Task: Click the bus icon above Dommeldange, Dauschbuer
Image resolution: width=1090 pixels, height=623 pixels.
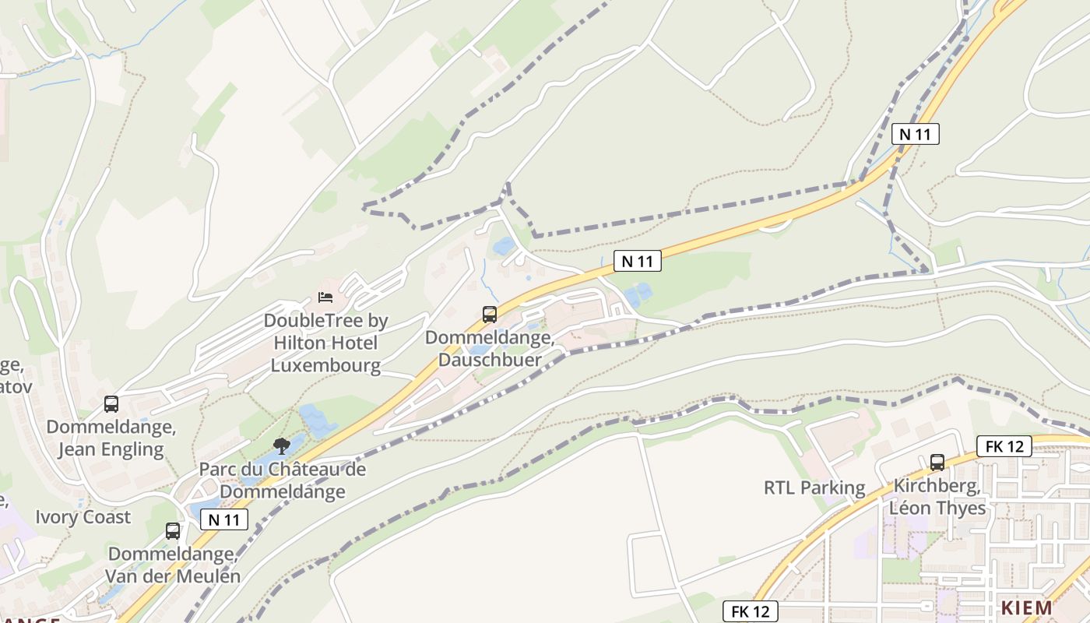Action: pyautogui.click(x=490, y=315)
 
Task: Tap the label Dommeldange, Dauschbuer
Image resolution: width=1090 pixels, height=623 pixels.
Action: pyautogui.click(x=490, y=348)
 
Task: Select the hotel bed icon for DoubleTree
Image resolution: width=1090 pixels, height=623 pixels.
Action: pyautogui.click(x=325, y=297)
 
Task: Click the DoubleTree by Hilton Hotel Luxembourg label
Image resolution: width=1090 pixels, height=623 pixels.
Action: pyautogui.click(x=325, y=343)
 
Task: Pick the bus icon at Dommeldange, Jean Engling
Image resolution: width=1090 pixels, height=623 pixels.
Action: pyautogui.click(x=111, y=403)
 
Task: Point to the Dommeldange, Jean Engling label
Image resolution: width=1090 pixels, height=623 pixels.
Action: pyautogui.click(x=111, y=438)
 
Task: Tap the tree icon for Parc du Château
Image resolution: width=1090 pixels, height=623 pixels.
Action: pyautogui.click(x=282, y=445)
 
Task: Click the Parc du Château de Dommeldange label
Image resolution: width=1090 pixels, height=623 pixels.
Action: pyautogui.click(x=283, y=480)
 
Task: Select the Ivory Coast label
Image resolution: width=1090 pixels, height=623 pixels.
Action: pyautogui.click(x=83, y=517)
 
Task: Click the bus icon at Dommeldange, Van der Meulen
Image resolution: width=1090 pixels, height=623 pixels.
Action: pyautogui.click(x=173, y=531)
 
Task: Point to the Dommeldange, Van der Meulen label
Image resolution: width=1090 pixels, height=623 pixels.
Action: pyautogui.click(x=174, y=565)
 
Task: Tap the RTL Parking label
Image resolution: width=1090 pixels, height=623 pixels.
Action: pyautogui.click(x=814, y=488)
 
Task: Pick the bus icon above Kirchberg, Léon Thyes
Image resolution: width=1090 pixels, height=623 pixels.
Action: pyautogui.click(x=937, y=462)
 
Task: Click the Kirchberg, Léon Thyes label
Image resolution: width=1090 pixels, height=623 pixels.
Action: pyautogui.click(x=939, y=497)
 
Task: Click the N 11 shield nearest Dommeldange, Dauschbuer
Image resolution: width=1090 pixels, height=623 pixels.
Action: pyautogui.click(x=638, y=262)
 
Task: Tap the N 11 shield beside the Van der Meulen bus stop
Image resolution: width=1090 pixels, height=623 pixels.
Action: pyautogui.click(x=224, y=519)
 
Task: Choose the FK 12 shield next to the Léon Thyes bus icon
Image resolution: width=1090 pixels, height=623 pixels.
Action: pyautogui.click(x=1004, y=446)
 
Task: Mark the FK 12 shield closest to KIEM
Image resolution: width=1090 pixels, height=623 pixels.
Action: pyautogui.click(x=750, y=611)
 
